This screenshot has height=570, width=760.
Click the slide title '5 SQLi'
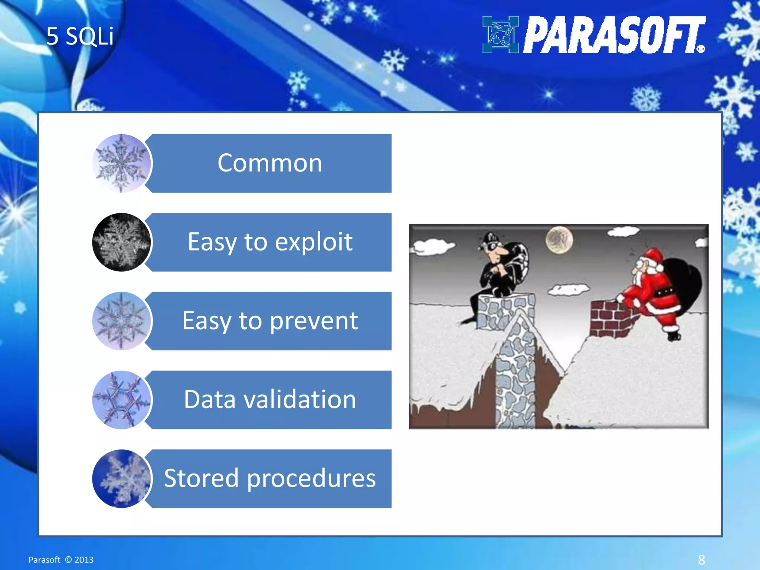(x=80, y=36)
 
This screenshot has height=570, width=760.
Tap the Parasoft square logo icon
(x=500, y=35)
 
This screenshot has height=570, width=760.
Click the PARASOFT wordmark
(x=614, y=35)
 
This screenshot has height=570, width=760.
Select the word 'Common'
(x=270, y=163)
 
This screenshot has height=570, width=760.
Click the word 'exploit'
(x=314, y=242)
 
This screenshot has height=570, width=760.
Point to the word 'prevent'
(x=314, y=321)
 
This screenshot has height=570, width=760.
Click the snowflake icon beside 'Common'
(x=121, y=163)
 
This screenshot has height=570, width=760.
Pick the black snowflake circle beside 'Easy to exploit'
(x=121, y=242)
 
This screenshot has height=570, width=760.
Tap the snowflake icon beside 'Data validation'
(x=121, y=400)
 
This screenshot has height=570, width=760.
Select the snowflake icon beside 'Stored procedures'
(x=121, y=478)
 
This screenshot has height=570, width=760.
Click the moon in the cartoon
(x=559, y=240)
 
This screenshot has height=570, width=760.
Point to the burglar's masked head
(x=493, y=247)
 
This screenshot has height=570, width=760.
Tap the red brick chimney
(x=610, y=318)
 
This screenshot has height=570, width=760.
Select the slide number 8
(x=701, y=560)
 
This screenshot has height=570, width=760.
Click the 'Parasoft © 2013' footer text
(x=61, y=560)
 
